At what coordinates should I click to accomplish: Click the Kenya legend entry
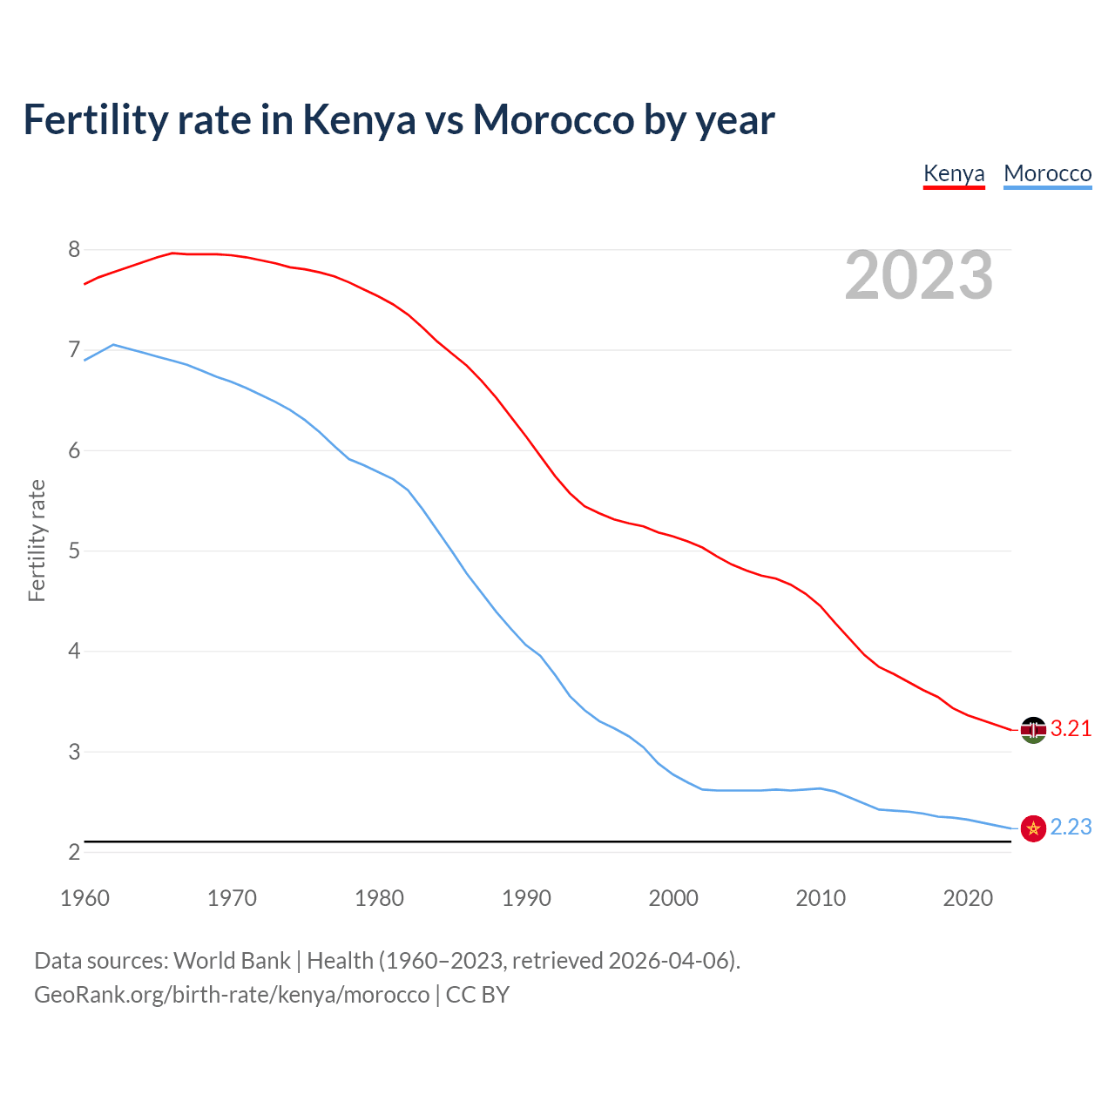[954, 173]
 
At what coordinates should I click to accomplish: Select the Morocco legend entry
[1047, 173]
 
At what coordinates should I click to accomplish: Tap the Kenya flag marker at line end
[1033, 730]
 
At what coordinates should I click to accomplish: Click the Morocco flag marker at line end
[1033, 828]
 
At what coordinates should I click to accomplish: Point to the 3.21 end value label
[1071, 729]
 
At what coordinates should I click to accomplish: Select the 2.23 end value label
[1071, 828]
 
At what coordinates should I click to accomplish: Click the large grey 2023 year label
[918, 275]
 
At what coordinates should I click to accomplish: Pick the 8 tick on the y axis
[74, 250]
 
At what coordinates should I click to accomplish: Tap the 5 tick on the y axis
[74, 551]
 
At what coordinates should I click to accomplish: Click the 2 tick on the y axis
[74, 852]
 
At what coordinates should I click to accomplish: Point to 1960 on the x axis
[84, 898]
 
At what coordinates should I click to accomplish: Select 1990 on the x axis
[526, 898]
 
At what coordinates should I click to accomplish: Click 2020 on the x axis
[968, 898]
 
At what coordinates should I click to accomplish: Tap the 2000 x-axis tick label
[673, 898]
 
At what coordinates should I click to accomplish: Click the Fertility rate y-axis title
[37, 540]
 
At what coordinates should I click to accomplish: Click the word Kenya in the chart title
[359, 120]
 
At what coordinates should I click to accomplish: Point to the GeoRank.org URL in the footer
[232, 995]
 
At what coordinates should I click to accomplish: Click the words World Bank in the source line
[232, 961]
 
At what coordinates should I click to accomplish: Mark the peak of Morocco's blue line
[113, 345]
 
